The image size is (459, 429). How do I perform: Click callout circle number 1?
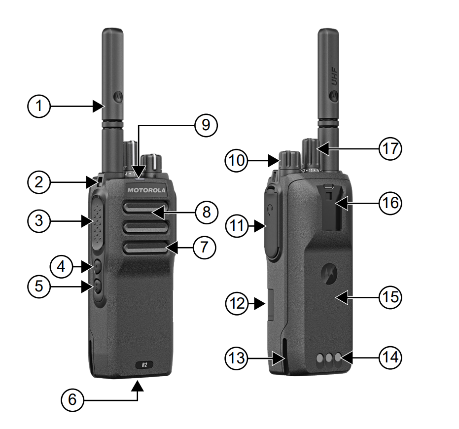(x=39, y=106)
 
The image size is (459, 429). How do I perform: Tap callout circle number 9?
(x=205, y=125)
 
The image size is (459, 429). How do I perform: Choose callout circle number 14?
(x=389, y=357)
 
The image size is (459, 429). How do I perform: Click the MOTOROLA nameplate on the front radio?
(x=147, y=190)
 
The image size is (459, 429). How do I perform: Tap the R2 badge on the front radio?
(x=144, y=365)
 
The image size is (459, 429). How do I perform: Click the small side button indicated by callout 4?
(x=97, y=267)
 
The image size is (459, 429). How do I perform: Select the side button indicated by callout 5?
(x=97, y=286)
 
